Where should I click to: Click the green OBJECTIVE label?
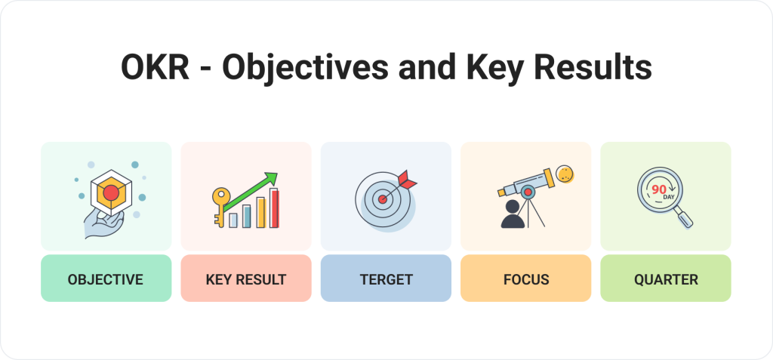(x=106, y=279)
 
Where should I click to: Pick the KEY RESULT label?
(x=246, y=279)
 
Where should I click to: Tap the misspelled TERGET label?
(x=386, y=279)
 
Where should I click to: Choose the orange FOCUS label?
(x=526, y=279)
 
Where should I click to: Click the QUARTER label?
(x=666, y=279)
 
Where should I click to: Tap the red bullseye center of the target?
(x=383, y=199)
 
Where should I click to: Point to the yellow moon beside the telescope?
(x=564, y=174)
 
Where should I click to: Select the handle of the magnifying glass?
(x=684, y=218)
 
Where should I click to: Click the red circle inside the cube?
(x=111, y=192)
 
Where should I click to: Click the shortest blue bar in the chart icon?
(x=233, y=220)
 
